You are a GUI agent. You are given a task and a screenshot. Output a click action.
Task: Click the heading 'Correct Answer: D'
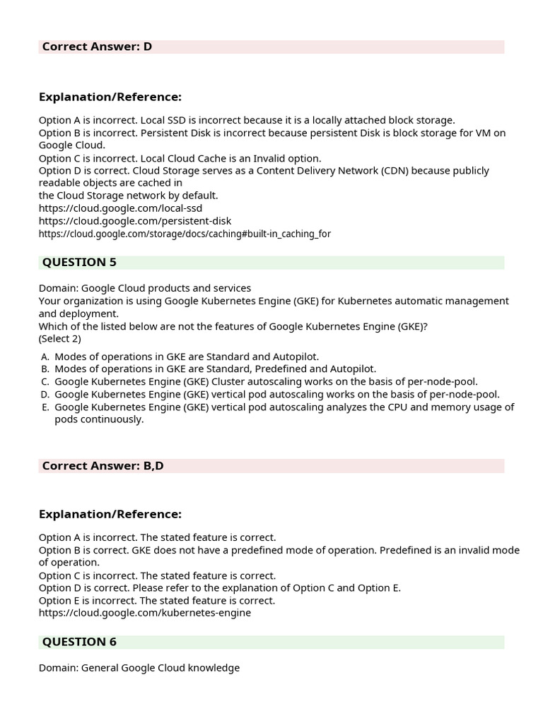(x=97, y=47)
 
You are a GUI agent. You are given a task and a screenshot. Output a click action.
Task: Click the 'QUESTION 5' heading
(x=79, y=262)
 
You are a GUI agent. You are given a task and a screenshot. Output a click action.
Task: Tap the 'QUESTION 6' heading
(x=79, y=641)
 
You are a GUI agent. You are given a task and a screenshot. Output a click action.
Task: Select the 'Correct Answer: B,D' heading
(x=103, y=465)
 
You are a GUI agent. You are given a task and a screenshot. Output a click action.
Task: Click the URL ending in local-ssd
(x=120, y=208)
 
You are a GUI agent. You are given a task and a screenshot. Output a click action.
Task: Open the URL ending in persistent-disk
(x=134, y=221)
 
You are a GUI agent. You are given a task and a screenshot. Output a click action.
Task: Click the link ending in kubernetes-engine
(x=144, y=613)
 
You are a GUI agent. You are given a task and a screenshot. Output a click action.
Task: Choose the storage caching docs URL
(x=185, y=234)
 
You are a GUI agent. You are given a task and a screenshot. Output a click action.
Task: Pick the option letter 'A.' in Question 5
(x=45, y=357)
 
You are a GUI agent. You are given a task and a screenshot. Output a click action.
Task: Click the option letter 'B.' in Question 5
(x=45, y=369)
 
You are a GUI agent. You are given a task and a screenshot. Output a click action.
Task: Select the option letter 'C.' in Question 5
(x=45, y=382)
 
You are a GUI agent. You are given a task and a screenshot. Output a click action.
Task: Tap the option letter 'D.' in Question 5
(x=45, y=395)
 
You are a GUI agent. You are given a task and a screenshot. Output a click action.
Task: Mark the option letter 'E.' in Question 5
(x=45, y=407)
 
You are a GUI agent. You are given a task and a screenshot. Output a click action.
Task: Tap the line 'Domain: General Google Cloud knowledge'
(x=139, y=667)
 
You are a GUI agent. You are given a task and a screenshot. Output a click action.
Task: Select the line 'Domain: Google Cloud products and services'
(x=144, y=288)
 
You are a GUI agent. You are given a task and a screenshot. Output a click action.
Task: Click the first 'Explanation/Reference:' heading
(x=110, y=97)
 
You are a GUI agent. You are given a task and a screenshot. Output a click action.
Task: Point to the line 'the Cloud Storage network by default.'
(x=128, y=196)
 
